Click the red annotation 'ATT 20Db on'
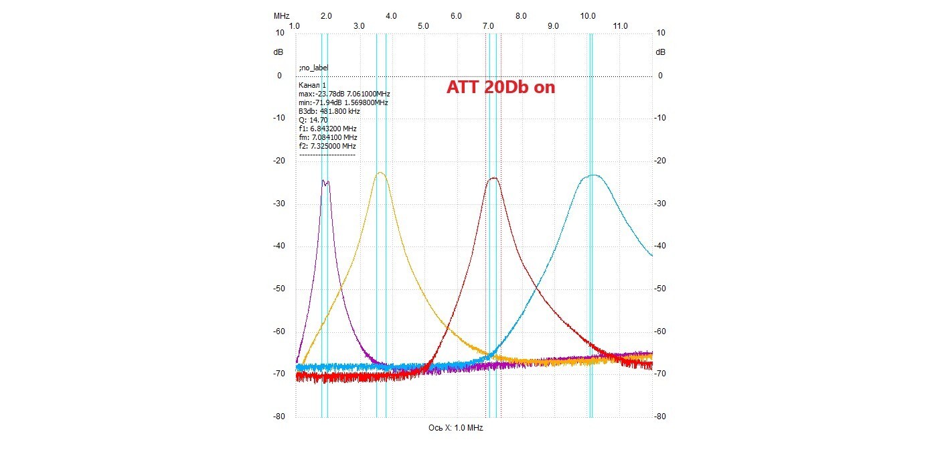pyautogui.click(x=501, y=87)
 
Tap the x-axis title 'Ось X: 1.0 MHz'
pyautogui.click(x=455, y=427)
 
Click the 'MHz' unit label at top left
pyautogui.click(x=281, y=16)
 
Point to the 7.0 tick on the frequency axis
pyautogui.click(x=488, y=26)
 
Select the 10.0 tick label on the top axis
pyautogui.click(x=587, y=16)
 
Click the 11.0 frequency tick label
pyautogui.click(x=620, y=26)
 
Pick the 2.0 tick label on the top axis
pyautogui.click(x=326, y=16)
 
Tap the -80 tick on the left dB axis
pyautogui.click(x=279, y=417)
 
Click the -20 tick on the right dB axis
pyautogui.click(x=660, y=161)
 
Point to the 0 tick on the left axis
pyautogui.click(x=279, y=76)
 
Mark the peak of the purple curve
pyautogui.click(x=323, y=181)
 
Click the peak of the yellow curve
pyautogui.click(x=381, y=172)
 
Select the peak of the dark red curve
pyautogui.click(x=493, y=178)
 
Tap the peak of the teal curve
pyautogui.click(x=595, y=175)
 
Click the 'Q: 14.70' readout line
pyautogui.click(x=313, y=120)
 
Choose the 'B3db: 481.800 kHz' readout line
pyautogui.click(x=329, y=111)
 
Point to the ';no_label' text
pyautogui.click(x=313, y=68)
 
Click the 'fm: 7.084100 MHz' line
pyautogui.click(x=328, y=137)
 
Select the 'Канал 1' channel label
pyautogui.click(x=313, y=85)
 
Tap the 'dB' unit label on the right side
pyautogui.click(x=660, y=52)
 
